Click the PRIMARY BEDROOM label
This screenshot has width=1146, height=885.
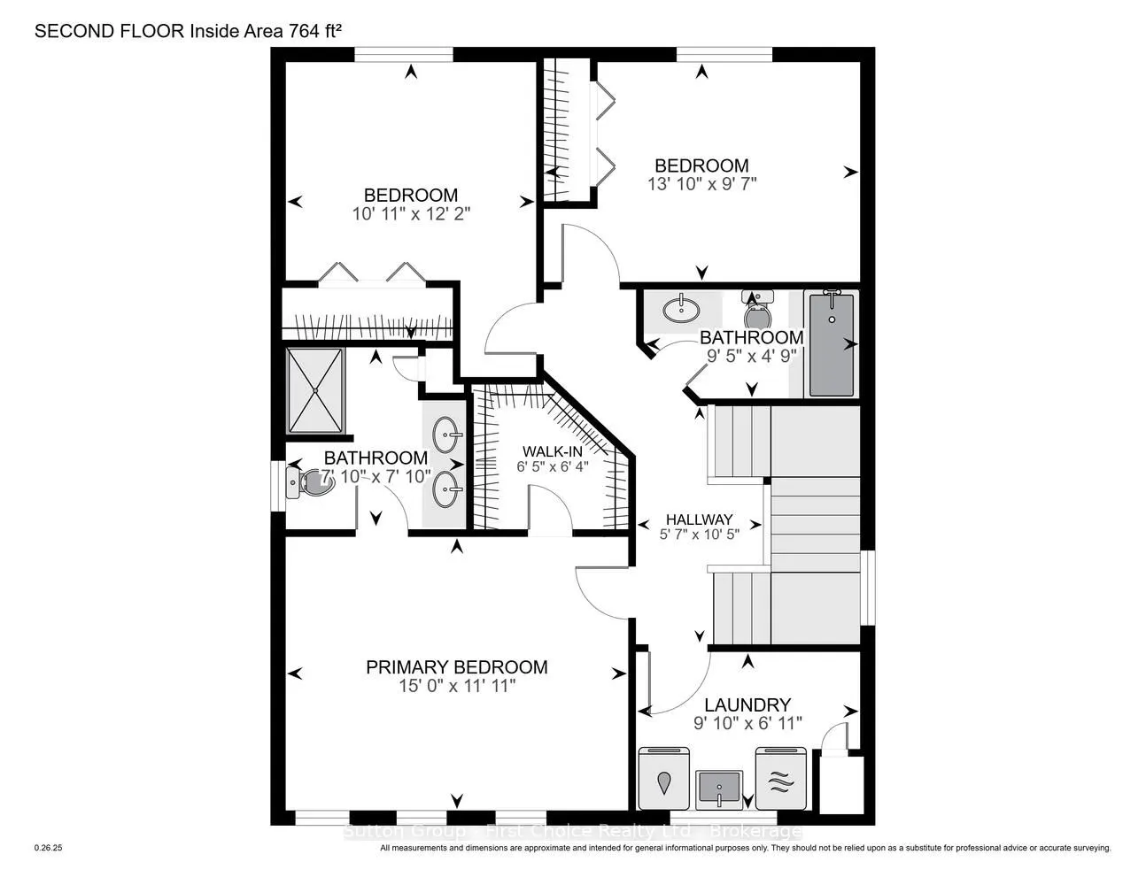pyautogui.click(x=456, y=667)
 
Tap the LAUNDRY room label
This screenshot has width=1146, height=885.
pyautogui.click(x=747, y=704)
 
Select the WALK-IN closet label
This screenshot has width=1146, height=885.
pyautogui.click(x=551, y=451)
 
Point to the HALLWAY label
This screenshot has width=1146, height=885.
pyautogui.click(x=699, y=519)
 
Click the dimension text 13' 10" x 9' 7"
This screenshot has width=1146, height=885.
pyautogui.click(x=701, y=184)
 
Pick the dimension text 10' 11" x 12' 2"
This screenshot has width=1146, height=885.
pyautogui.click(x=410, y=213)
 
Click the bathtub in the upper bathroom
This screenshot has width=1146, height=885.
pyautogui.click(x=832, y=344)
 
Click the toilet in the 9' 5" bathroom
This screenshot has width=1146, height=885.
pyautogui.click(x=758, y=315)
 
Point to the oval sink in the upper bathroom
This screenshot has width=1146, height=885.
pyautogui.click(x=680, y=309)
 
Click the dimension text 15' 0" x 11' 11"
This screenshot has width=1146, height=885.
pyautogui.click(x=456, y=686)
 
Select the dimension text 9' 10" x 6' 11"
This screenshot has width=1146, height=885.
pyautogui.click(x=747, y=723)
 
